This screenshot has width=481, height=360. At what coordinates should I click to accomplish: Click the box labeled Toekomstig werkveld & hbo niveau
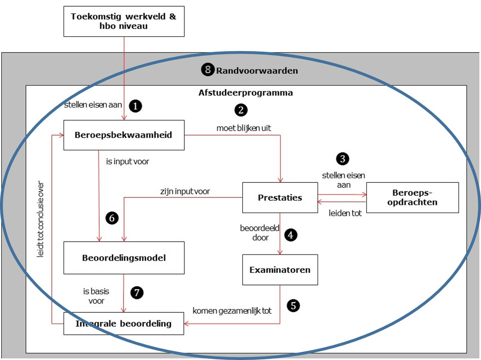(124, 21)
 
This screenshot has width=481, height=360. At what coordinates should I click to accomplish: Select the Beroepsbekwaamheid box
(124, 135)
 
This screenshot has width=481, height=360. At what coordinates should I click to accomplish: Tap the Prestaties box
(280, 198)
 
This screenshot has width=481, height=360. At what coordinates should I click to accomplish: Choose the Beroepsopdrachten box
(412, 198)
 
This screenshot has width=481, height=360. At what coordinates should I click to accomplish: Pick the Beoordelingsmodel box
(124, 258)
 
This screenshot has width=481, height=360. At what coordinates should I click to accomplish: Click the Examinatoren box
(280, 270)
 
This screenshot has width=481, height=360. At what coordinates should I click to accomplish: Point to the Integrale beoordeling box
(124, 324)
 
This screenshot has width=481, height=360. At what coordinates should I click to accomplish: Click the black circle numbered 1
(135, 106)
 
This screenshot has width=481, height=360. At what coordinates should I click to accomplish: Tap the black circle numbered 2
(241, 110)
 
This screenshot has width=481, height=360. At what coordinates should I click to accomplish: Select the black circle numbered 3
(343, 159)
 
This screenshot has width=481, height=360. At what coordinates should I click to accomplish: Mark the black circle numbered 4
(290, 235)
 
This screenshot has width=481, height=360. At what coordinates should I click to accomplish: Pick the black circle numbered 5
(293, 306)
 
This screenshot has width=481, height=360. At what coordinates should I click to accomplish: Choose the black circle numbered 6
(112, 218)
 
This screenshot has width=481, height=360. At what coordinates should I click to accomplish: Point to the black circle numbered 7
(137, 292)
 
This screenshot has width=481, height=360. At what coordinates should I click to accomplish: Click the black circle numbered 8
(208, 69)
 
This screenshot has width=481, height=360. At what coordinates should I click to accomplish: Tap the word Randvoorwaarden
(257, 71)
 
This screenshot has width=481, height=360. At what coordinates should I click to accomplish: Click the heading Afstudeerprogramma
(245, 93)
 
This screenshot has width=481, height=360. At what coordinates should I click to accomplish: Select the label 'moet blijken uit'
(244, 128)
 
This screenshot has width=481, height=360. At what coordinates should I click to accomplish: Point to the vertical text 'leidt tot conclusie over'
(40, 219)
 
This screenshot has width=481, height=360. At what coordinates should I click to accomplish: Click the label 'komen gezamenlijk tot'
(232, 311)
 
